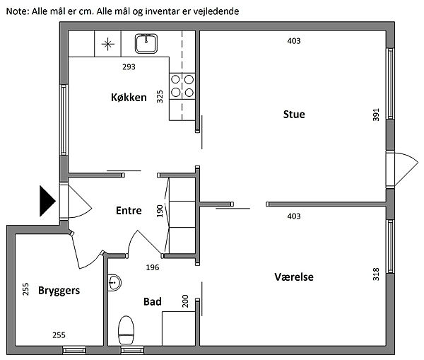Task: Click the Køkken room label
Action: click(128, 98)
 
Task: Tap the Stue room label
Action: click(293, 114)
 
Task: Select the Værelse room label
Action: click(293, 277)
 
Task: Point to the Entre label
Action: click(129, 210)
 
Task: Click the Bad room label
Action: click(152, 302)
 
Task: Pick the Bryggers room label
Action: click(59, 290)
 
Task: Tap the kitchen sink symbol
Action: click(147, 44)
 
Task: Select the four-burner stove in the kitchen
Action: click(182, 86)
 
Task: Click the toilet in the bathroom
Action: click(127, 329)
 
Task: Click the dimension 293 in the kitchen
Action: click(128, 67)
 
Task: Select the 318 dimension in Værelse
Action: click(376, 274)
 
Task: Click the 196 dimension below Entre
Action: click(152, 267)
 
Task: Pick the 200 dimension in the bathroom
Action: click(185, 301)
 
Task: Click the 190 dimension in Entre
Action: click(160, 211)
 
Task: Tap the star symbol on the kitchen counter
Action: click(107, 44)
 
